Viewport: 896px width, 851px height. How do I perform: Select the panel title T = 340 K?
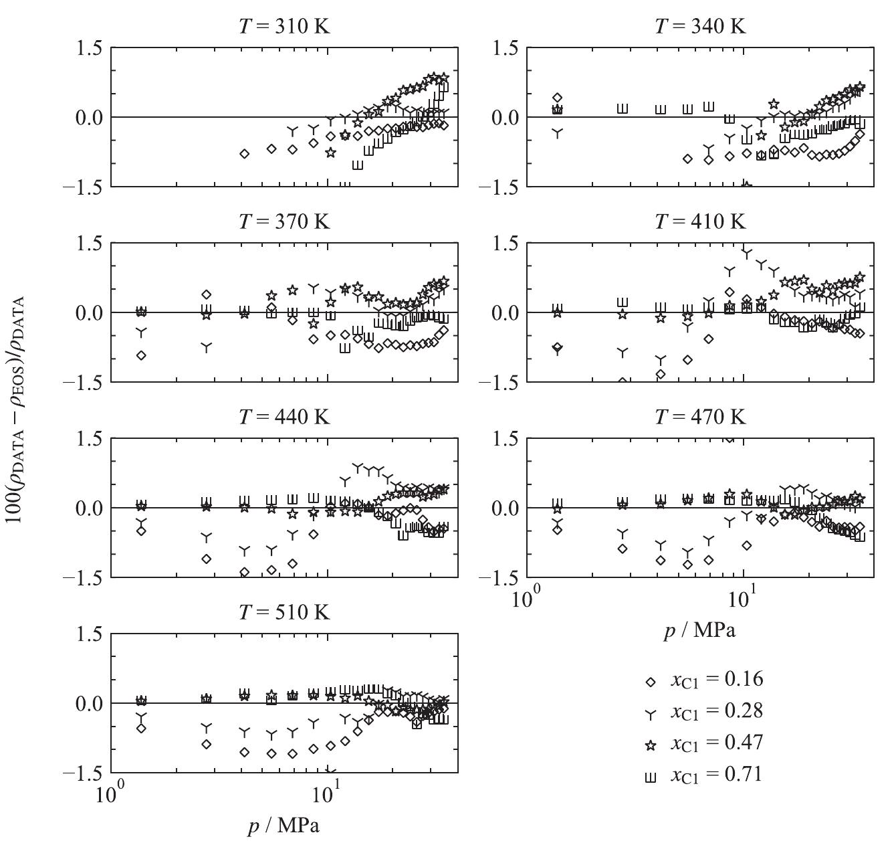pos(700,27)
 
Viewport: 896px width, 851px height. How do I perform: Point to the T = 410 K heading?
pos(700,221)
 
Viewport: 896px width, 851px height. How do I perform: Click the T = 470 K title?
pos(700,417)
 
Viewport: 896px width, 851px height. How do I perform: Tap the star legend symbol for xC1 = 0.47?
pos(650,745)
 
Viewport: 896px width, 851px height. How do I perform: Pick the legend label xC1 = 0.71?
pos(716,775)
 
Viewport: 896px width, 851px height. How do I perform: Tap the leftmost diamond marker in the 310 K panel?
pos(245,154)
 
